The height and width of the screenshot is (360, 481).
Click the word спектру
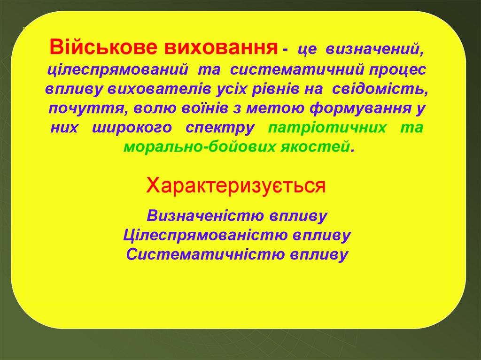pos(220,128)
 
